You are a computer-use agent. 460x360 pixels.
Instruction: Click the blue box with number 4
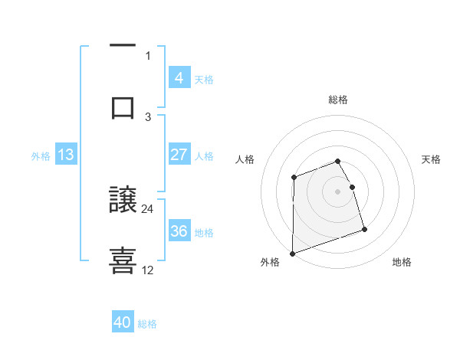[x=179, y=77]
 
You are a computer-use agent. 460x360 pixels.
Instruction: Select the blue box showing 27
[x=179, y=155]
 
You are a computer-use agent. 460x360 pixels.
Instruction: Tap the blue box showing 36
[x=179, y=231]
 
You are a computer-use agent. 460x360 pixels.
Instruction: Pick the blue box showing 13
[x=66, y=155]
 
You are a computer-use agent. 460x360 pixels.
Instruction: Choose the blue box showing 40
[x=123, y=322]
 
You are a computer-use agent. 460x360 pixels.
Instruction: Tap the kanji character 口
[x=123, y=107]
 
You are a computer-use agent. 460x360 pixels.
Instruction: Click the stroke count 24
[x=148, y=208]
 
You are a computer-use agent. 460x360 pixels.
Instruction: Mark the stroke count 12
[x=148, y=270]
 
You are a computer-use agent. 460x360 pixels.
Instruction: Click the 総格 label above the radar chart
[x=338, y=100]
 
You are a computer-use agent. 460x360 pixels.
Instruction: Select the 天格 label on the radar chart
[x=431, y=159]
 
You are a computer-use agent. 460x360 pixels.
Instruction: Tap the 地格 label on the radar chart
[x=402, y=262]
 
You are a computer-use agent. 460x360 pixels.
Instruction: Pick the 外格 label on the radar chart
[x=270, y=262]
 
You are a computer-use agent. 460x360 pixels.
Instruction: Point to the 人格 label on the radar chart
[x=245, y=159]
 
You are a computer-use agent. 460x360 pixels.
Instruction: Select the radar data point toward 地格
[x=364, y=229]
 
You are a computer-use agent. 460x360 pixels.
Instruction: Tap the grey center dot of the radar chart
[x=337, y=191]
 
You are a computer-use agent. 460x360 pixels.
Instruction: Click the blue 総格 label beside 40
[x=147, y=323]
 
